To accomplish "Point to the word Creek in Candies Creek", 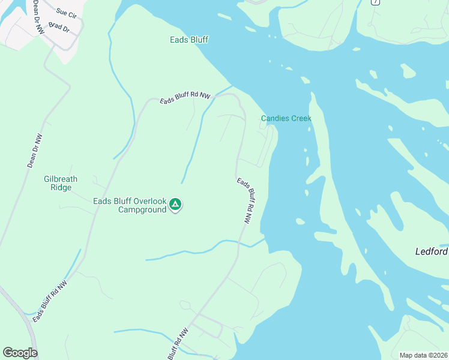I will pyautogui.click(x=301, y=118).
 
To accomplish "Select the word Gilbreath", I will pyautogui.click(x=61, y=179).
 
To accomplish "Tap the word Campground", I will pyautogui.click(x=142, y=209).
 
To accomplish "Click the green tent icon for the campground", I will pyautogui.click(x=175, y=205).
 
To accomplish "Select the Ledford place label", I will pyautogui.click(x=432, y=251).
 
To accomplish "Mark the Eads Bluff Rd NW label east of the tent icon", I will pyautogui.click(x=244, y=201).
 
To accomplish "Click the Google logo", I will pyautogui.click(x=20, y=353).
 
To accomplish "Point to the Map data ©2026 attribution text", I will pyautogui.click(x=423, y=355).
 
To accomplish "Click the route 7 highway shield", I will pyautogui.click(x=376, y=2).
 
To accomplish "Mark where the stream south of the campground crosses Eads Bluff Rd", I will pyautogui.click(x=239, y=244).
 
